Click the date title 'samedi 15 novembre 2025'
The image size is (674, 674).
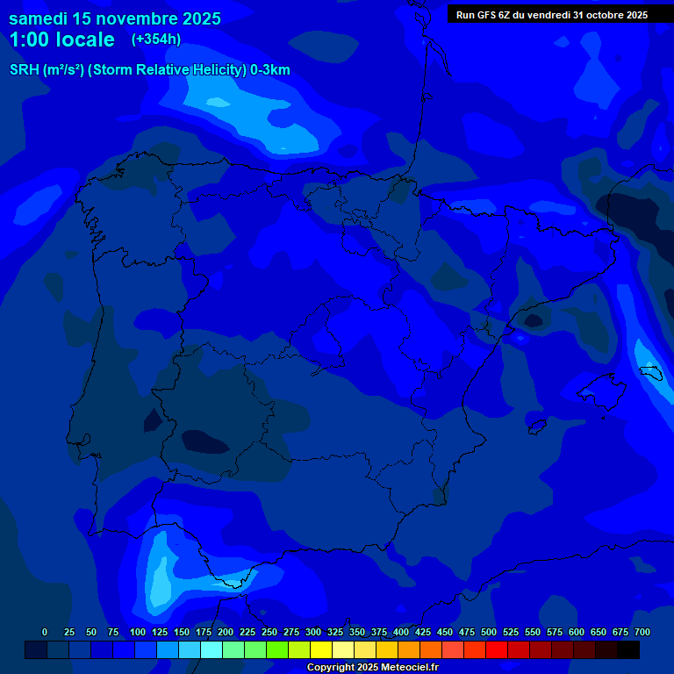115,18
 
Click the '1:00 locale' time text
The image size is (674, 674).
61,39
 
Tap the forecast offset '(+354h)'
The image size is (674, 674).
156,39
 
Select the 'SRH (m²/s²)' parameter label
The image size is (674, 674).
47,70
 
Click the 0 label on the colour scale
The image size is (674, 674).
45,632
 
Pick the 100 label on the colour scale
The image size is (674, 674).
138,632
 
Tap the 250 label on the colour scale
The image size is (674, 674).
269,632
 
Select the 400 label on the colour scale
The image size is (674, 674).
401,632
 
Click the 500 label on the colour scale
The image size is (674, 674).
489,632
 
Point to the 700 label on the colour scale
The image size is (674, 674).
642,632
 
